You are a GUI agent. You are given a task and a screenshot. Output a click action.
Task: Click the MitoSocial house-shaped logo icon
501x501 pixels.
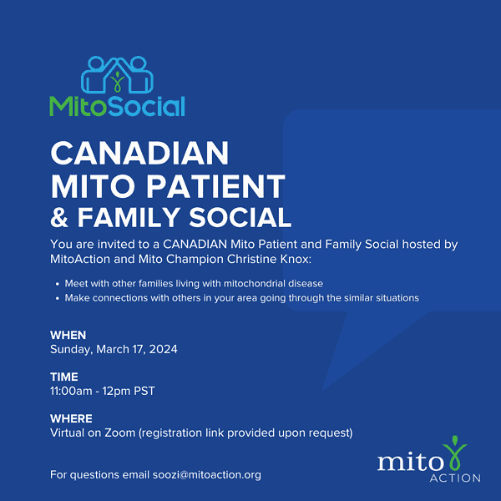coord(117,75)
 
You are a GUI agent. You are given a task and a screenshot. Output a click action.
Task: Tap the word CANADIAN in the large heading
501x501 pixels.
coord(139,154)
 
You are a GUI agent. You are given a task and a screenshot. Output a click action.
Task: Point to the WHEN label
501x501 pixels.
coord(68,335)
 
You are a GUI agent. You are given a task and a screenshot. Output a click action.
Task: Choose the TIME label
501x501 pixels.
coord(64,377)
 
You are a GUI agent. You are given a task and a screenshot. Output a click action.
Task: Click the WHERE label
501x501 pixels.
coord(71,418)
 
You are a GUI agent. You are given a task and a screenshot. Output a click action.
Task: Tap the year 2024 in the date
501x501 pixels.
coord(162,349)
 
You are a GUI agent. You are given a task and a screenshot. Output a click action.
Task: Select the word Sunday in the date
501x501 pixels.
coord(73,349)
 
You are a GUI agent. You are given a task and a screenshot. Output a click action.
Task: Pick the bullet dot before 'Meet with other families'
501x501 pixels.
coord(55,284)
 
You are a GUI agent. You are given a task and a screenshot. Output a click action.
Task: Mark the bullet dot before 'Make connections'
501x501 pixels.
coord(55,298)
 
